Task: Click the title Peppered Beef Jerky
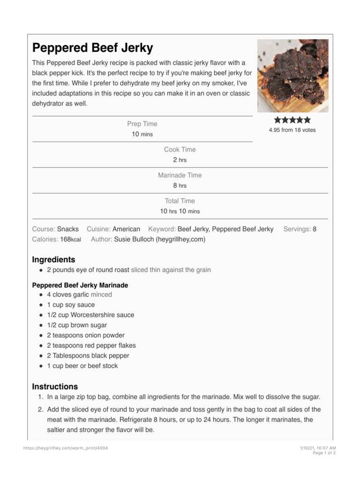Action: click(92, 48)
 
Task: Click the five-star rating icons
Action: click(292, 120)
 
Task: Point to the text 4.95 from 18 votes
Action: click(292, 130)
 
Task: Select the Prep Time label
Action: click(142, 124)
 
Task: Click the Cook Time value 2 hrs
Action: click(180, 160)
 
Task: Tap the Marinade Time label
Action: click(180, 175)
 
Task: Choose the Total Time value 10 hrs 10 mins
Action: click(180, 211)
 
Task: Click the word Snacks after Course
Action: click(68, 229)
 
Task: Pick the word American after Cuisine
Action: click(126, 229)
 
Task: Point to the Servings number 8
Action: click(315, 229)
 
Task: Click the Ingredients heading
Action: click(53, 260)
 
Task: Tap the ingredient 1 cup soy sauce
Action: click(71, 305)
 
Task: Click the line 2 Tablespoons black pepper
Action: click(88, 356)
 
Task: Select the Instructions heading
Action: click(55, 387)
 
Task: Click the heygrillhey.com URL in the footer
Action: click(66, 448)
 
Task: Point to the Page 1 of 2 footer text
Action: click(324, 453)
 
